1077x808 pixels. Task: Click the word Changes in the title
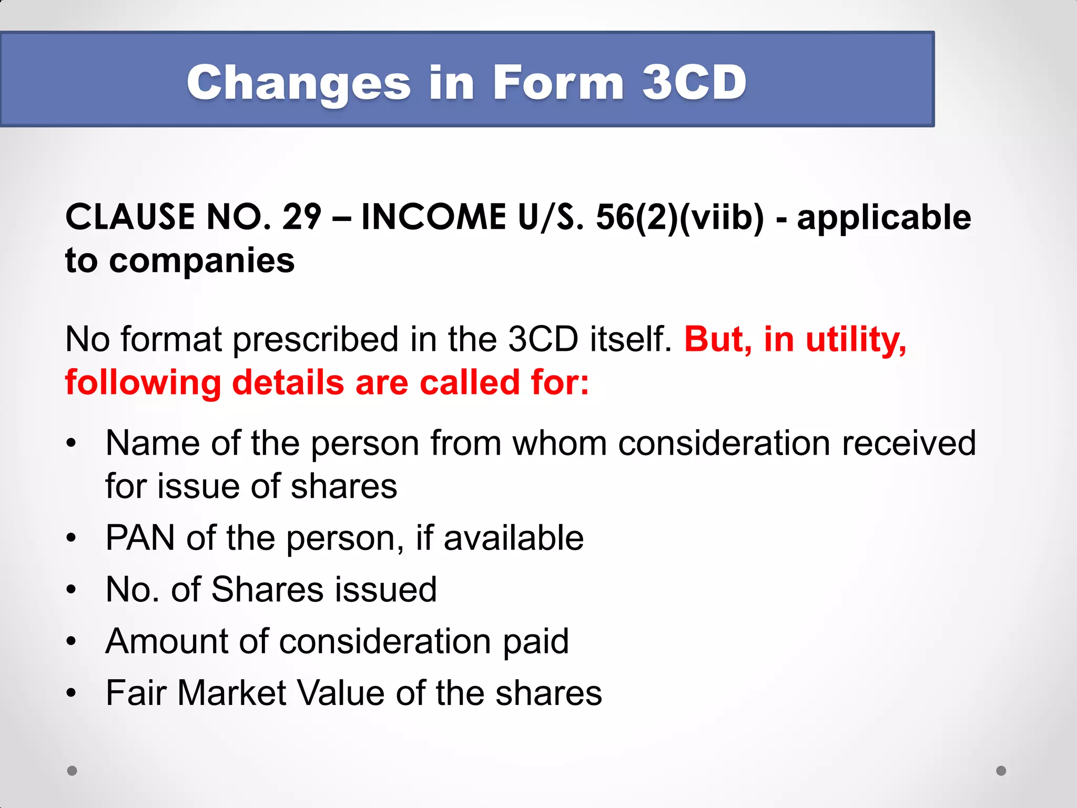(x=298, y=83)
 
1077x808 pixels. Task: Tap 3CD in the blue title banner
(x=694, y=83)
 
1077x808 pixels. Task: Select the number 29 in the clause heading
(x=301, y=217)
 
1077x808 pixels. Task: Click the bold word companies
(x=201, y=260)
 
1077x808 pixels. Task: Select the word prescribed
(x=315, y=339)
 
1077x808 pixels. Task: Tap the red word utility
(x=856, y=339)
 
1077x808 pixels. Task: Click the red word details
(x=288, y=382)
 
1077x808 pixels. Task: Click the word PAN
(x=140, y=538)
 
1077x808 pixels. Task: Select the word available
(x=513, y=538)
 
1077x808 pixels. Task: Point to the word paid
(x=535, y=641)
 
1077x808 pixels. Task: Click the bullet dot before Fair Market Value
(x=72, y=693)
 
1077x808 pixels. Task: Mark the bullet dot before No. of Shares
(x=72, y=590)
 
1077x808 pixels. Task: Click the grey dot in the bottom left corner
(x=72, y=771)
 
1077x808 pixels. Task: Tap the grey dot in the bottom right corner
(x=1001, y=771)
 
